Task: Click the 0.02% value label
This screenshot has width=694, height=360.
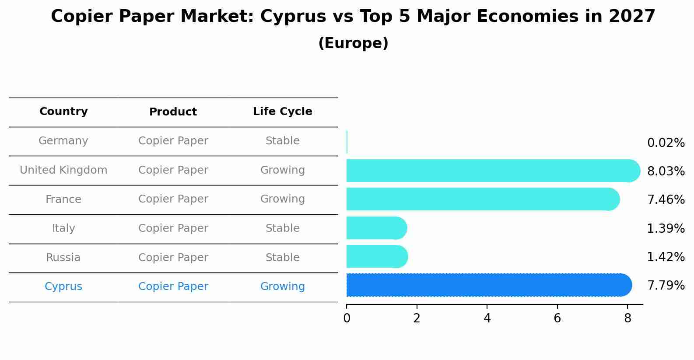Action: tap(666, 143)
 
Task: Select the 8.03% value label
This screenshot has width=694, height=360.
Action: tap(666, 171)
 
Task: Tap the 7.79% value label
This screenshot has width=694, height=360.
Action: tap(666, 286)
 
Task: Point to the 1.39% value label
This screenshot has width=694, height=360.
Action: tap(666, 229)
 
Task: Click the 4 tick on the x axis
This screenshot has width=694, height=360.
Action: tap(487, 318)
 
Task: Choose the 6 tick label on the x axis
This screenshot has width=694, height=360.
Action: tap(557, 318)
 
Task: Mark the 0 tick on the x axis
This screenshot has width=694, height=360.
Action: tap(347, 318)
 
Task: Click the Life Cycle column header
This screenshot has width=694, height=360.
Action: tap(283, 112)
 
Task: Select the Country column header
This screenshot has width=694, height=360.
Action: tap(63, 112)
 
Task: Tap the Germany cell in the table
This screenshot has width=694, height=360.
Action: tap(63, 141)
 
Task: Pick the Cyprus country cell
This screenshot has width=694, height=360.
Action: tap(63, 287)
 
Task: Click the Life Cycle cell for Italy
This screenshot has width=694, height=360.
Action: tap(283, 228)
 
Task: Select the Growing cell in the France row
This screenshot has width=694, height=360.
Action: tap(283, 199)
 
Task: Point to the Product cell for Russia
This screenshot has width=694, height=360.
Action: tap(173, 258)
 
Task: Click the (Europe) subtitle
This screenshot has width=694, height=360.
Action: tap(353, 43)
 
